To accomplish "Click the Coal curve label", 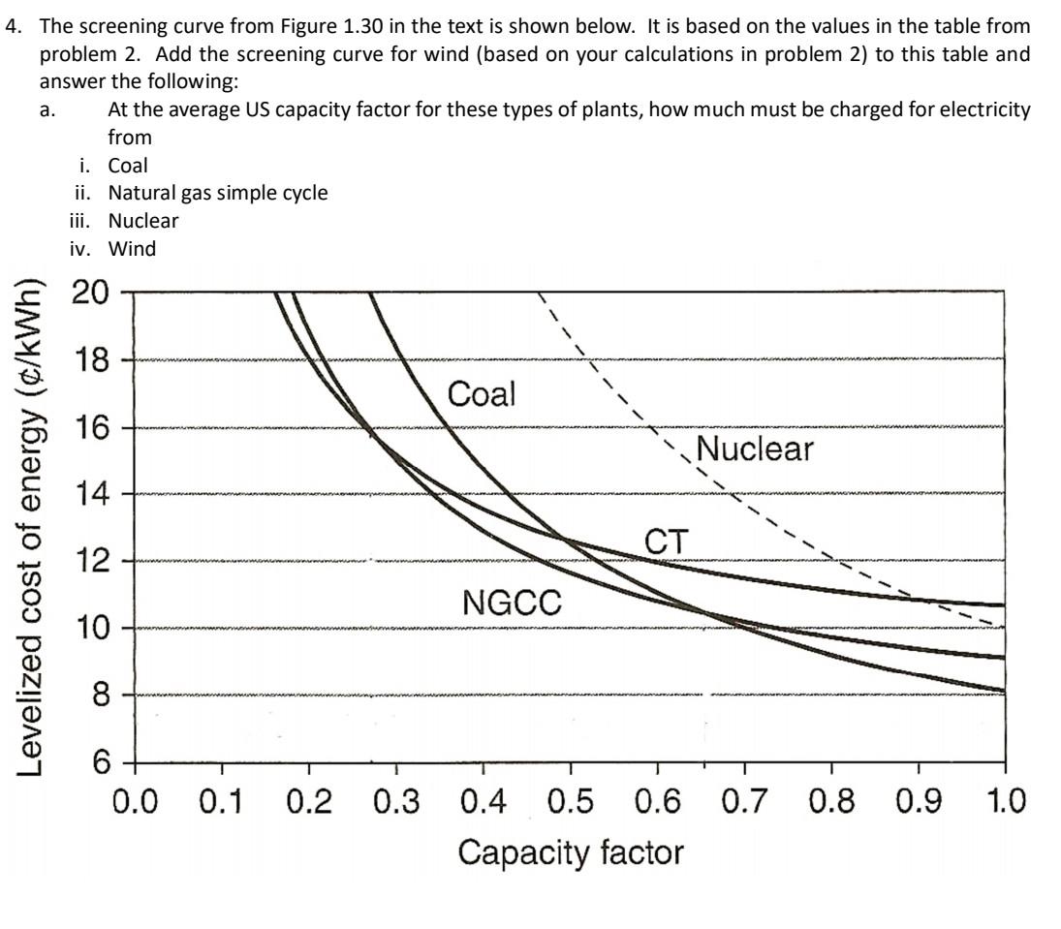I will pos(482,394).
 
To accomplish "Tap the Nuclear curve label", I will pos(755,449).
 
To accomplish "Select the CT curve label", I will pos(667,542).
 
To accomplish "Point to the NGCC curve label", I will pos(512,604).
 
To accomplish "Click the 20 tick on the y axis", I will pos(92,292).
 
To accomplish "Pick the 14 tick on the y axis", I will pos(92,494).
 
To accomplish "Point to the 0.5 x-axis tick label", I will pos(570,803).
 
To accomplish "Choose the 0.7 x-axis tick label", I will pos(744,803).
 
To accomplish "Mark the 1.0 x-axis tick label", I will pos(1004,803).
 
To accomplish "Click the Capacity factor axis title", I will pos(570,852).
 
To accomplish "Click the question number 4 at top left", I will pos(13,27).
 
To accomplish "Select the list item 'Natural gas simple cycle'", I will pos(217,193).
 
